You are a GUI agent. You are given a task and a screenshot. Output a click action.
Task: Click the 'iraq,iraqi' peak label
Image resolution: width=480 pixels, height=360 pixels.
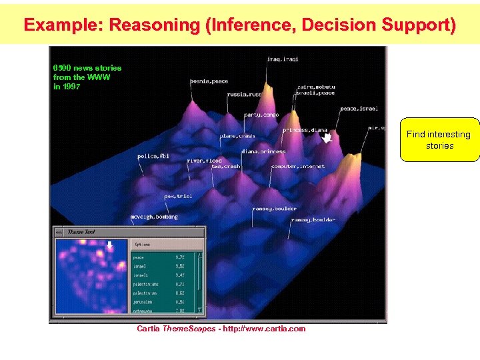pos(282,59)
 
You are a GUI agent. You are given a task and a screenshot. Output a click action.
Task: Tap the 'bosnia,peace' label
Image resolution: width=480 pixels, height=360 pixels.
pos(209,81)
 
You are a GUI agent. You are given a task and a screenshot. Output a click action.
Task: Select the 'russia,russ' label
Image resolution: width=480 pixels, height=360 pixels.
pos(244,95)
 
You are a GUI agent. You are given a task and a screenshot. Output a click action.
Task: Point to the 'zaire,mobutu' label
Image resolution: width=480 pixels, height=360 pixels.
pos(317,87)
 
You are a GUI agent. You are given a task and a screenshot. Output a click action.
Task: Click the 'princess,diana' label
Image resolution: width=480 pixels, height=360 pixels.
pos(304,130)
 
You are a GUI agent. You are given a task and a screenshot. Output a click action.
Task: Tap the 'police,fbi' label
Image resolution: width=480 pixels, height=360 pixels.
pos(153,156)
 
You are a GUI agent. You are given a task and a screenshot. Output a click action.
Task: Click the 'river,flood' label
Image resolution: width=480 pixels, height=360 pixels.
pos(204,161)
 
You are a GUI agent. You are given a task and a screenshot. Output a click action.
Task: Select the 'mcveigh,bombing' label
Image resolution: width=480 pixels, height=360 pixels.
pos(154,217)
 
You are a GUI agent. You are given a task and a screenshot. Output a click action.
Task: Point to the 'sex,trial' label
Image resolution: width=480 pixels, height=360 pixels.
pos(178,196)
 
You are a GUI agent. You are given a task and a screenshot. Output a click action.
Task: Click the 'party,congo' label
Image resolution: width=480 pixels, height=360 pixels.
pos(261,115)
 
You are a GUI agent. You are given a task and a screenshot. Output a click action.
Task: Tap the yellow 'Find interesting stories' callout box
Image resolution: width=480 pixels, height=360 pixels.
pos(439,140)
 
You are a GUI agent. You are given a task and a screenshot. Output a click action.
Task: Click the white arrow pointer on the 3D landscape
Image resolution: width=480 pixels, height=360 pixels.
pos(327,137)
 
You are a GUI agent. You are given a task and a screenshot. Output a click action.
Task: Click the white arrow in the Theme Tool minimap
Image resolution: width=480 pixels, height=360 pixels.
pos(110,245)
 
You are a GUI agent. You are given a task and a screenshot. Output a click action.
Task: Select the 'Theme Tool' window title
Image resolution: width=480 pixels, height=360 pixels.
pos(81,231)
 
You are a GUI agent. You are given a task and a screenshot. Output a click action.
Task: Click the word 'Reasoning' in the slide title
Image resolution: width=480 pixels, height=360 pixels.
pos(154,25)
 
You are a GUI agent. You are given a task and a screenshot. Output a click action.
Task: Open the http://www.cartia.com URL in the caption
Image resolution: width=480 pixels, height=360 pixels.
pos(265,329)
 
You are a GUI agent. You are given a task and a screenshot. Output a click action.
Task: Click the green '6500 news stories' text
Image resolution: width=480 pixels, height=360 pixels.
pos(87,68)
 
